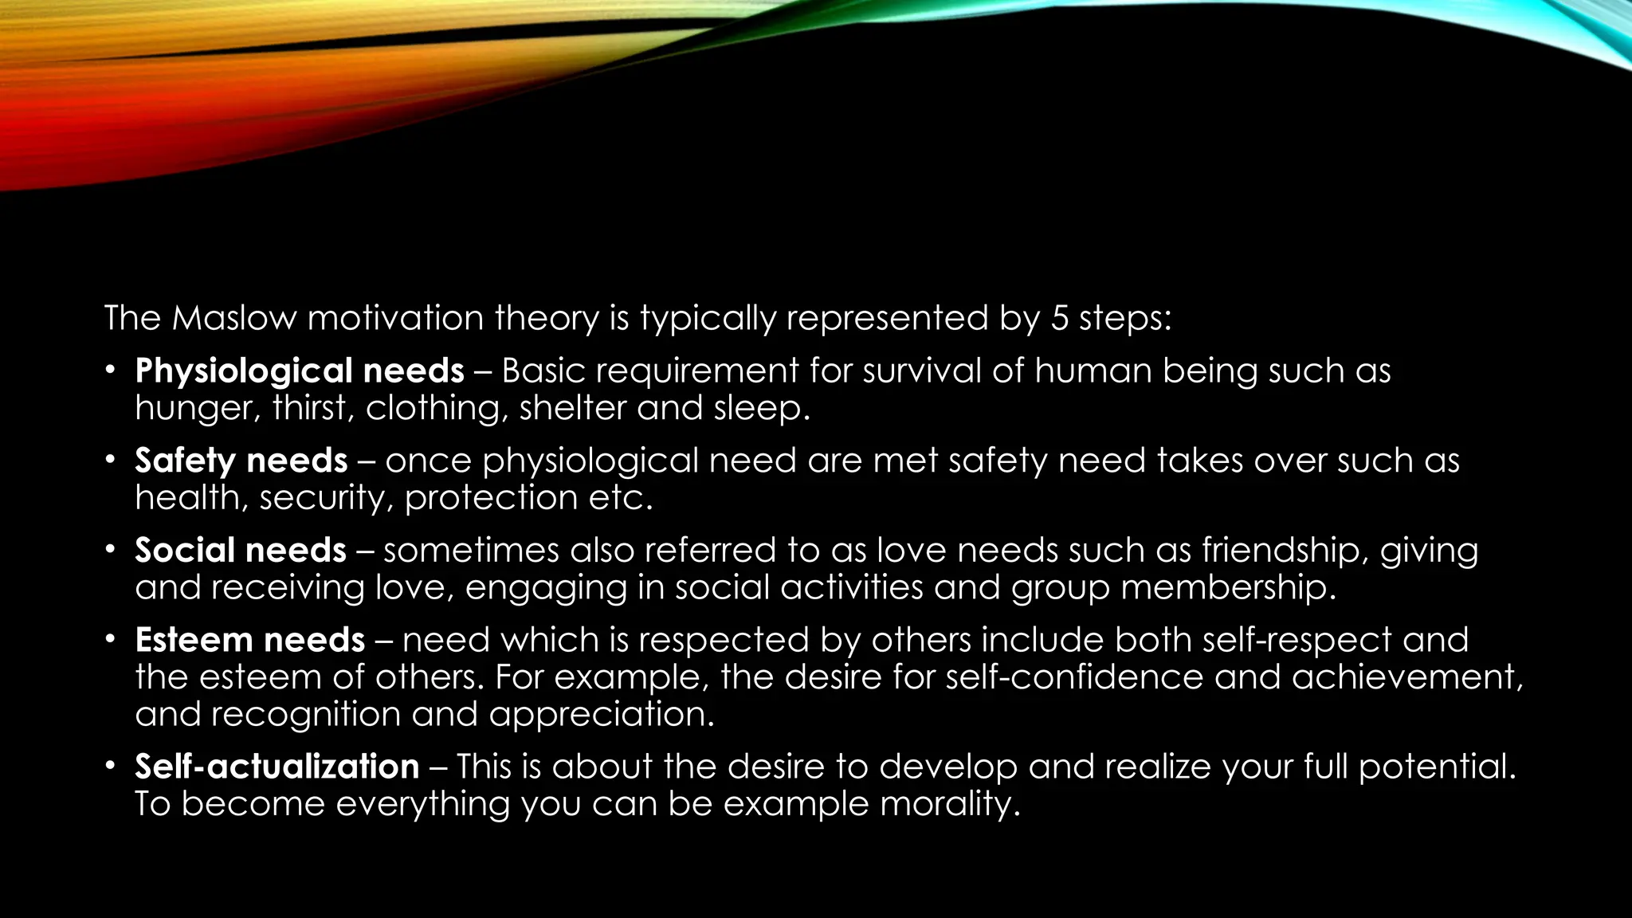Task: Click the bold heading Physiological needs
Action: [300, 371]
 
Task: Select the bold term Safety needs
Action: [241, 461]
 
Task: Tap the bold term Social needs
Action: [240, 551]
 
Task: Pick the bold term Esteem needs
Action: [249, 641]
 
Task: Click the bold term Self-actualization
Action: [277, 767]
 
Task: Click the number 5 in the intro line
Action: [1059, 319]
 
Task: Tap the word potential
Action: [1437, 767]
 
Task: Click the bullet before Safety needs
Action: [111, 460]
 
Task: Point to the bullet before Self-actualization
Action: [111, 766]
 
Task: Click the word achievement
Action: [1406, 677]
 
